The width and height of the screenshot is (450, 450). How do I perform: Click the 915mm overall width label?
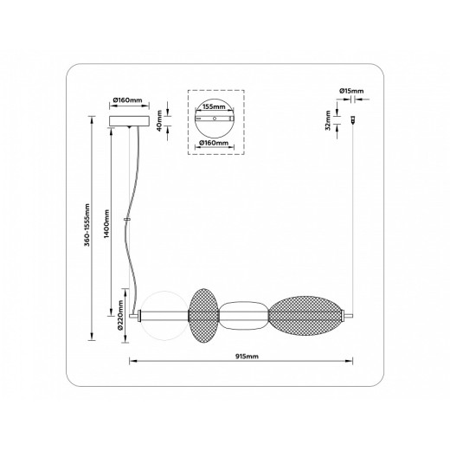click(247, 357)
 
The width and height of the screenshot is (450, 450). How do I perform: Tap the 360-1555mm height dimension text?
click(87, 225)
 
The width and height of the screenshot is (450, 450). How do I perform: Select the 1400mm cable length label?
click(106, 223)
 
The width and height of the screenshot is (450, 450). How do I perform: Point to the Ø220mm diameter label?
click(120, 315)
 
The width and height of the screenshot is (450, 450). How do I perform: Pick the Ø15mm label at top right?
click(351, 91)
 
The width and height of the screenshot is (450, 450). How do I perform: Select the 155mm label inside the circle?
click(214, 106)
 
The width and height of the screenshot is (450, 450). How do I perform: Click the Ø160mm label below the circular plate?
click(214, 143)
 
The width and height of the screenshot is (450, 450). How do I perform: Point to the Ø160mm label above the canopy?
click(128, 100)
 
